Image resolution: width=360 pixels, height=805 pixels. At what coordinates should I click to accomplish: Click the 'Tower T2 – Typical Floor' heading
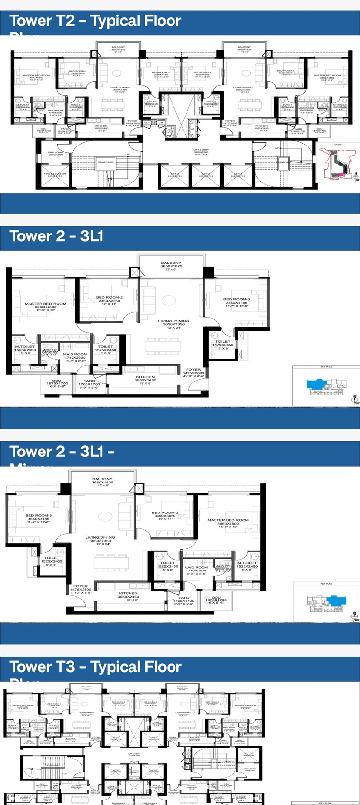pyautogui.click(x=95, y=21)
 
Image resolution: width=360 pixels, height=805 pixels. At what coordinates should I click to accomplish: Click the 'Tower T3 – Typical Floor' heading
pyautogui.click(x=95, y=667)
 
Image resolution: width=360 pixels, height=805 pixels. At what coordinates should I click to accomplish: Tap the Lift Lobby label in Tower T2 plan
pyautogui.click(x=201, y=151)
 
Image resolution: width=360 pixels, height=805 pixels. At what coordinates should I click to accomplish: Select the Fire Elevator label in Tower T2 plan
pyautogui.click(x=55, y=175)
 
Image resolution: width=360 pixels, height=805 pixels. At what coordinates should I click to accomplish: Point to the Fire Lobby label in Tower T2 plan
pyautogui.click(x=55, y=153)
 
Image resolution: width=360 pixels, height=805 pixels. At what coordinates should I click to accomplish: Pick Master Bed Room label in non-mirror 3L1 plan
pyautogui.click(x=45, y=305)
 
